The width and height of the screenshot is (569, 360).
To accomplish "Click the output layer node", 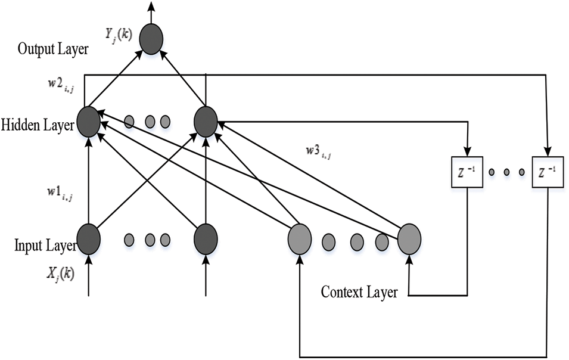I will pos(151,39).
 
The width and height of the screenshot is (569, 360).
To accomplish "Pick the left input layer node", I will pos(88,238).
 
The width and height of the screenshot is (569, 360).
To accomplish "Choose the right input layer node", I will pos(206,238).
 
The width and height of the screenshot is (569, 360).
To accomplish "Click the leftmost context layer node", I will pos(299,240).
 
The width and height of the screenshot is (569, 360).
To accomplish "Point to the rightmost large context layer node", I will pos(409,240).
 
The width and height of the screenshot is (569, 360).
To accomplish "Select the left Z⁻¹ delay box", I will pos(467,172).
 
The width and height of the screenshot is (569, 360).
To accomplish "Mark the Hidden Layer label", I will pos(37,125).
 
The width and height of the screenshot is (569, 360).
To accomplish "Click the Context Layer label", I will pos(359,293).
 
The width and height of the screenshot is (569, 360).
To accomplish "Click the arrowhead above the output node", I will pos(151,6).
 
